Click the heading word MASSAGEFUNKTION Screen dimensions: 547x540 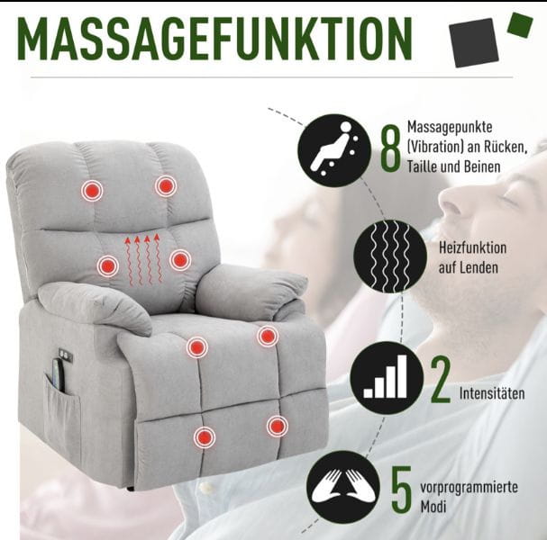[x=214, y=39]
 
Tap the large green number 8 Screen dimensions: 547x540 [x=390, y=150]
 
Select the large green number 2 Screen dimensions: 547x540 [x=441, y=380]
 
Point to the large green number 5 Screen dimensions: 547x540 [x=402, y=489]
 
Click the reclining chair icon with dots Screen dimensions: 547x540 [x=334, y=149]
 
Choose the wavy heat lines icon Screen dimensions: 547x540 [x=390, y=256]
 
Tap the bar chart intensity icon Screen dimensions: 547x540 [x=387, y=378]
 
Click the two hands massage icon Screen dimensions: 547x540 [x=343, y=487]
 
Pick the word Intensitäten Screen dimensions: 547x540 [x=492, y=393]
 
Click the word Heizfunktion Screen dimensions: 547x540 [x=472, y=248]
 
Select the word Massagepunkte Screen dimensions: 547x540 [x=450, y=127]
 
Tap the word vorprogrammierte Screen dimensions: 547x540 [x=469, y=488]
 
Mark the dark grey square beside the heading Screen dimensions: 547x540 [x=473, y=42]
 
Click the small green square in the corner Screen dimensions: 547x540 [x=521, y=24]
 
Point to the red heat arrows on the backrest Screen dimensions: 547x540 [x=143, y=259]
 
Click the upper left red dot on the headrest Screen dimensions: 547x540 [x=92, y=191]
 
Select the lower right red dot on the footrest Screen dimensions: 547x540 [x=278, y=426]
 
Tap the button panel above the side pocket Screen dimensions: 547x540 [x=66, y=355]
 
